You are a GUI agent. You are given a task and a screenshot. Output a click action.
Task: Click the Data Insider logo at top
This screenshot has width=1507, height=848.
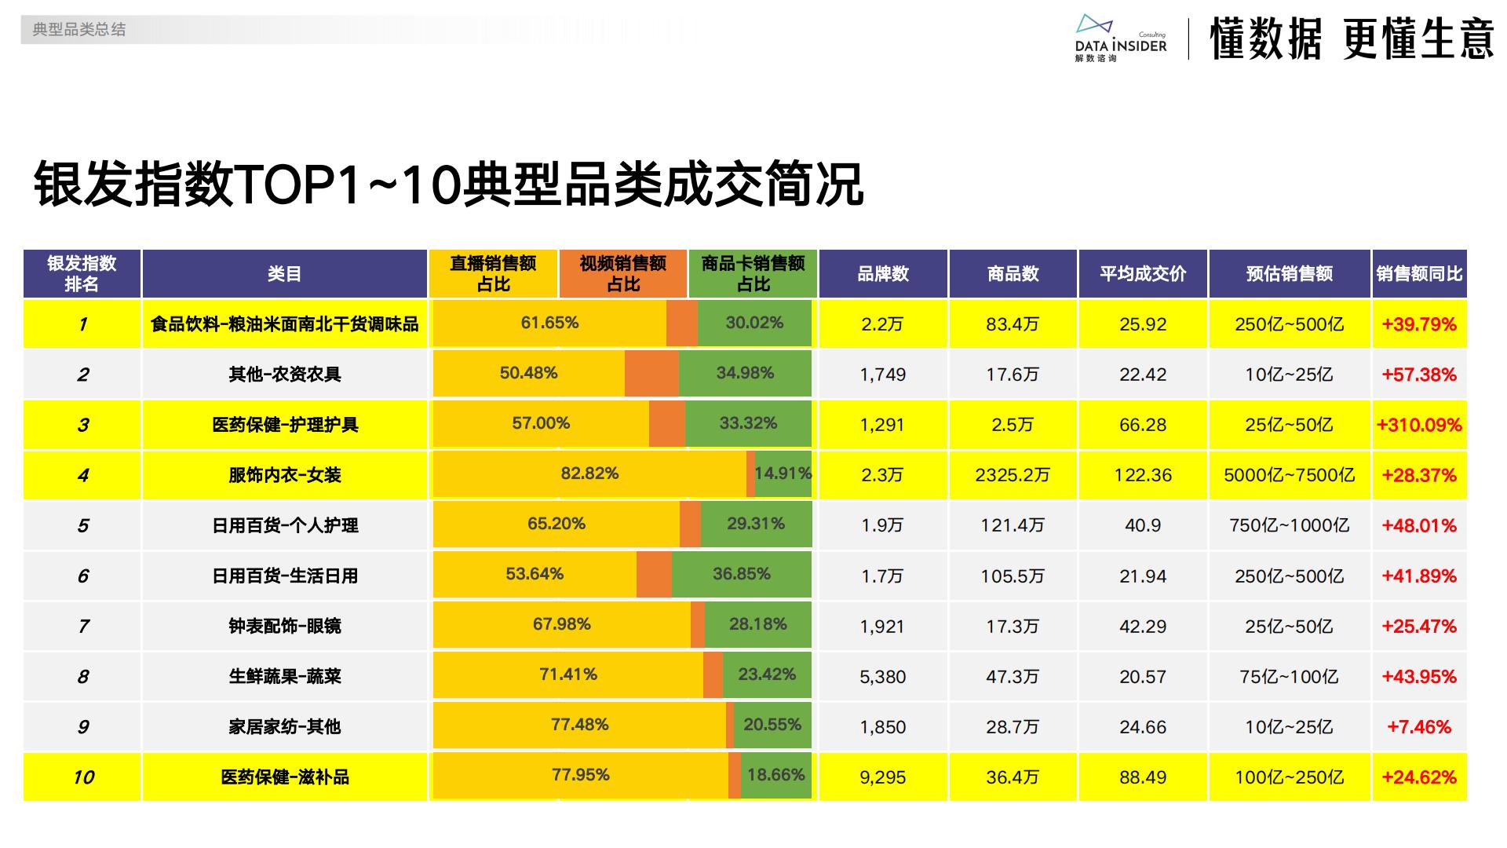click(1120, 38)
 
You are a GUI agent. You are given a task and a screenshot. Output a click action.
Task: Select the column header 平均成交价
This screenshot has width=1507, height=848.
click(1143, 274)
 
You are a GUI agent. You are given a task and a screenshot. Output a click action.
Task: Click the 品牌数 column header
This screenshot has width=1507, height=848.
click(883, 274)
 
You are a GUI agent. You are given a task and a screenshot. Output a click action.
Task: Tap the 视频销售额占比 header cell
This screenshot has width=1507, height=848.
click(623, 274)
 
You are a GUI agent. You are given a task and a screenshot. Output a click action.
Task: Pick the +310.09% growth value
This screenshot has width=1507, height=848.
click(1419, 425)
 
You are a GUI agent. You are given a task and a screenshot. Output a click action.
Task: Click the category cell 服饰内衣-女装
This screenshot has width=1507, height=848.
click(285, 475)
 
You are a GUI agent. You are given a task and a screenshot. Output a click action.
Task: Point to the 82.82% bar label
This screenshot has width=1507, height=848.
click(589, 473)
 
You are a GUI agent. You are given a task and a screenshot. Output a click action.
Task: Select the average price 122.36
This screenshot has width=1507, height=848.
click(1143, 475)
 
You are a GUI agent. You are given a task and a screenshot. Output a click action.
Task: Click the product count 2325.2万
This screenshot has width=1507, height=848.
click(1013, 475)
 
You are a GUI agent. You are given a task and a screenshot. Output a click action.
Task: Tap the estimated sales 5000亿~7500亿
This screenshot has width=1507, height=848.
click(1289, 475)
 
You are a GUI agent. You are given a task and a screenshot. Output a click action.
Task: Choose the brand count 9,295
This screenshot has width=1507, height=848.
click(883, 777)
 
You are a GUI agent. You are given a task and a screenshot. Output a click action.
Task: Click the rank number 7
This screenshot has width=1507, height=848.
click(83, 627)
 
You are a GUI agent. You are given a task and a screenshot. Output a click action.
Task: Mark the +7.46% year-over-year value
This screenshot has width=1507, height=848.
click(1419, 727)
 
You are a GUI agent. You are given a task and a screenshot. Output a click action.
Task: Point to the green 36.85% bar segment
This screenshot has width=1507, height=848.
click(741, 574)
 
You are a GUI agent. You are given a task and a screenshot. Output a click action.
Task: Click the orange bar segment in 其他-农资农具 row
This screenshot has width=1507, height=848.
click(651, 373)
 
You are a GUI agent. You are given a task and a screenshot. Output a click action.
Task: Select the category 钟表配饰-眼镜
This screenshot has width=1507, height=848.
click(285, 627)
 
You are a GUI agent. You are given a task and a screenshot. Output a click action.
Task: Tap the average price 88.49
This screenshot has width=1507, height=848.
click(1143, 777)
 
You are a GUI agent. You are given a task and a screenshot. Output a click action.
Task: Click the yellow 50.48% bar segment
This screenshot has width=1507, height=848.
click(528, 373)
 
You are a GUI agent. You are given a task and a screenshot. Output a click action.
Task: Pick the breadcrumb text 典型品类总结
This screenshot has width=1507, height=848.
click(79, 30)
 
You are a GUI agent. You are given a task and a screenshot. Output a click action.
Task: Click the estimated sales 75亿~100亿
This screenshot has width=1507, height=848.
click(1289, 677)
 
